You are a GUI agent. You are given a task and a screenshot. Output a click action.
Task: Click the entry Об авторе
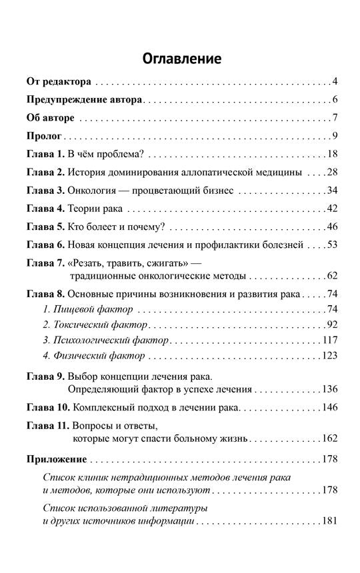[49, 119]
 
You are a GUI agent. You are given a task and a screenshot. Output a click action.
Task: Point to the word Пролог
[44, 137]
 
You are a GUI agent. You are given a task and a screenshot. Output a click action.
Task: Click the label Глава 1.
[45, 155]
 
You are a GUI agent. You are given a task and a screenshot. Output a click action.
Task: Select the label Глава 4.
[45, 209]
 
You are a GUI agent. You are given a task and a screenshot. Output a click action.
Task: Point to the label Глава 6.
[45, 245]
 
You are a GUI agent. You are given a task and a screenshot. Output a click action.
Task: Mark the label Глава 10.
[48, 406]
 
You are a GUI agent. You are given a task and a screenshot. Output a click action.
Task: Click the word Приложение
[57, 459]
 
